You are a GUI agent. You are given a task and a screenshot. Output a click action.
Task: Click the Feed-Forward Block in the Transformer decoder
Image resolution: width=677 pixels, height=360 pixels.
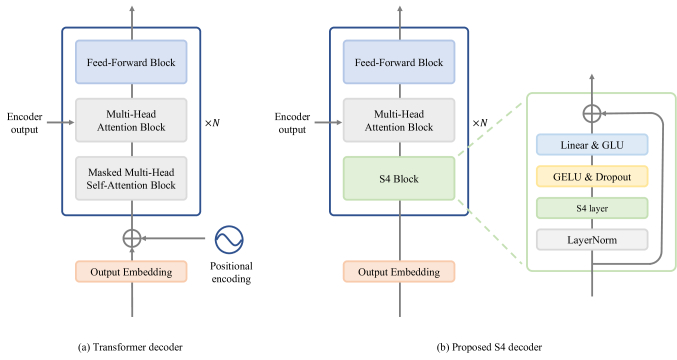132,63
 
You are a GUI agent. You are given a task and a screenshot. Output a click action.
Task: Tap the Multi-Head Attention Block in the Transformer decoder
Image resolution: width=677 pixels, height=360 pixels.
132,120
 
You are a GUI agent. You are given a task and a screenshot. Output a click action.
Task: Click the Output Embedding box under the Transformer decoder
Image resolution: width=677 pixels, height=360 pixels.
132,271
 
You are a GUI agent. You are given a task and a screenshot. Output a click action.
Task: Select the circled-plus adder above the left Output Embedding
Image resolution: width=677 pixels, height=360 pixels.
132,239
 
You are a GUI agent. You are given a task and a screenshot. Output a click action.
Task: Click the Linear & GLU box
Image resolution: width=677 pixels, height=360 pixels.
592,146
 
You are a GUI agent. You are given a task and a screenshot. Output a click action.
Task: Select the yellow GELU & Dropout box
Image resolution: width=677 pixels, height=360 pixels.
592,177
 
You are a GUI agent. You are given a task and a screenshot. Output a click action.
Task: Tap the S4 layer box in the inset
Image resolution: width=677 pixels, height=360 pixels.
592,208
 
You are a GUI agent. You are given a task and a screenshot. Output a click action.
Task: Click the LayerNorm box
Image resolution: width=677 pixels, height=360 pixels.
592,239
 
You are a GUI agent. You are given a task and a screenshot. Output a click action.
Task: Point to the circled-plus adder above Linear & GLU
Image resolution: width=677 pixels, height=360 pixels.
592,113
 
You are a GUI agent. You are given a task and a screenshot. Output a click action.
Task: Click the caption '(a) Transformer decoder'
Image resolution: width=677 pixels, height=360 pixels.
130,347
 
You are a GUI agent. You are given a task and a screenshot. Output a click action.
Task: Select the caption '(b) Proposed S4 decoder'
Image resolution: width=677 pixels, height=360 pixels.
489,347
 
